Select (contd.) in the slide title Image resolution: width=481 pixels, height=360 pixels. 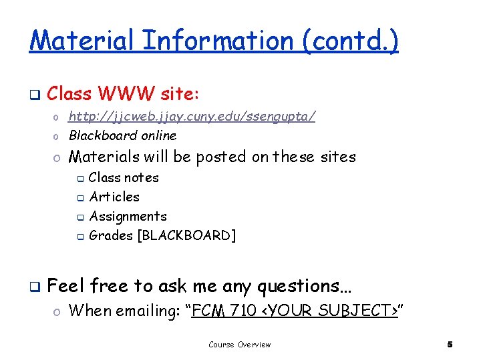(351, 41)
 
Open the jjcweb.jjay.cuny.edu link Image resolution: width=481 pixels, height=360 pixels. (192, 117)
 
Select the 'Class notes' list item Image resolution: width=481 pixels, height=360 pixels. (124, 177)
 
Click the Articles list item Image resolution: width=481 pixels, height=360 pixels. (114, 197)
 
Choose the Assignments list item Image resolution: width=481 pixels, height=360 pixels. (128, 216)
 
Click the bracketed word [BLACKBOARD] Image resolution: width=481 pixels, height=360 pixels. (186, 235)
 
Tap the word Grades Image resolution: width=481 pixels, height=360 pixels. (111, 235)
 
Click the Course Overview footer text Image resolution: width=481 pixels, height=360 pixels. (239, 345)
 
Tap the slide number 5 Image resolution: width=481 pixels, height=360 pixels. (450, 345)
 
